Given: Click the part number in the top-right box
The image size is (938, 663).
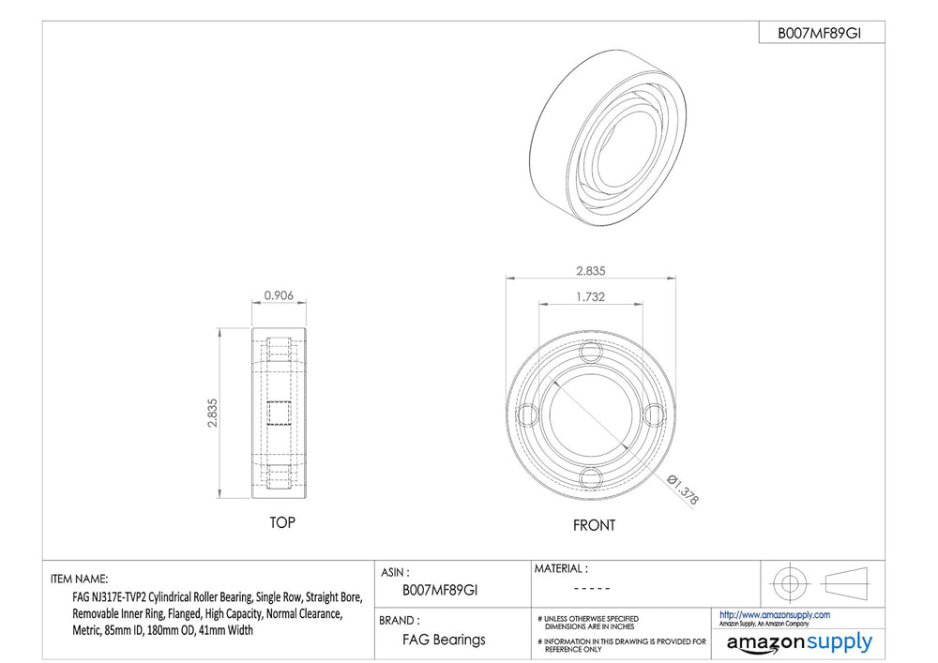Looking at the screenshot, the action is pos(819,34).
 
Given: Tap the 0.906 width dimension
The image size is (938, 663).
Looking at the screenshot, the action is pos(279,295).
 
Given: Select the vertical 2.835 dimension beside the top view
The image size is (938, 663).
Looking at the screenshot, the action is pos(212,414).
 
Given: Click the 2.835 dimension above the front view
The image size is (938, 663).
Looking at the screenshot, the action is pos(590,271).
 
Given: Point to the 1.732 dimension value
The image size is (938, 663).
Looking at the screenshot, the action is pos(590,296).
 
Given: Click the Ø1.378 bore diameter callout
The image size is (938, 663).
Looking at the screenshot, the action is pos(683,489).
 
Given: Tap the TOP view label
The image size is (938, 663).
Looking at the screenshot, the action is pos(282,522).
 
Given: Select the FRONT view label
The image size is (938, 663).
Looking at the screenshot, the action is pos(594,525).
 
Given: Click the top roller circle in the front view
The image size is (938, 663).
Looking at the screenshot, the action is pos(590,351).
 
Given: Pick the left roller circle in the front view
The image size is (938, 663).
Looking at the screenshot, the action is pos(527,414).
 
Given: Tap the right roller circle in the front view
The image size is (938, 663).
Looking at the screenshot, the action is pos(654,414).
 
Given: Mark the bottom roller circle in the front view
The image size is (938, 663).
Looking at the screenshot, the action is pos(590,478).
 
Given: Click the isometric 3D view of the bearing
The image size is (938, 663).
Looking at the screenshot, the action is pos(608,138).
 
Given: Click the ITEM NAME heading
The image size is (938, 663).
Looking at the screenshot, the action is pos(80,579).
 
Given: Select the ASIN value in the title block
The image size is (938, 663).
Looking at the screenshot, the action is pos(440,590).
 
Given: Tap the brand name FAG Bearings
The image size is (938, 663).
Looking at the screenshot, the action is pos(444,640).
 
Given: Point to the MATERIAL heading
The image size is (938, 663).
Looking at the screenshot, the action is pos(561,568).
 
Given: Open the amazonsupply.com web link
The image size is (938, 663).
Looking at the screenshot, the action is pos(775,614).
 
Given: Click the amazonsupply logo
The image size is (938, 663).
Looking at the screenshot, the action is pos(799,643).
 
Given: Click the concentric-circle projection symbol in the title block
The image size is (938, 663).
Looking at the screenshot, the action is pos(790,583).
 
